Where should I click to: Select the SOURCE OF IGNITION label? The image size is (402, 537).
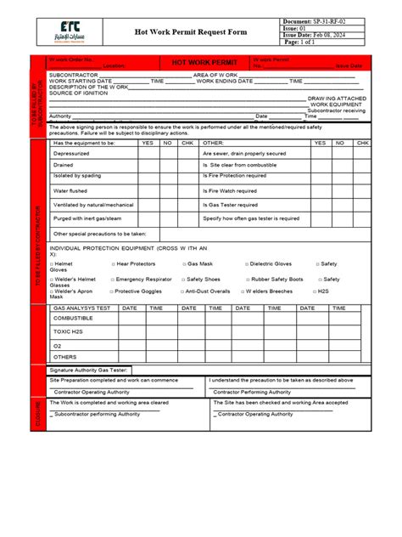(x=82, y=93)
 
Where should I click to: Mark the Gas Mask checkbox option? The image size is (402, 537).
(x=200, y=264)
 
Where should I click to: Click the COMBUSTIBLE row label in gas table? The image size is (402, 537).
(x=75, y=319)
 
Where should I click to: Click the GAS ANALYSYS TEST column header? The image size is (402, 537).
(x=82, y=308)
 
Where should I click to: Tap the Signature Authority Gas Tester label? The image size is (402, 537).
(x=89, y=370)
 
